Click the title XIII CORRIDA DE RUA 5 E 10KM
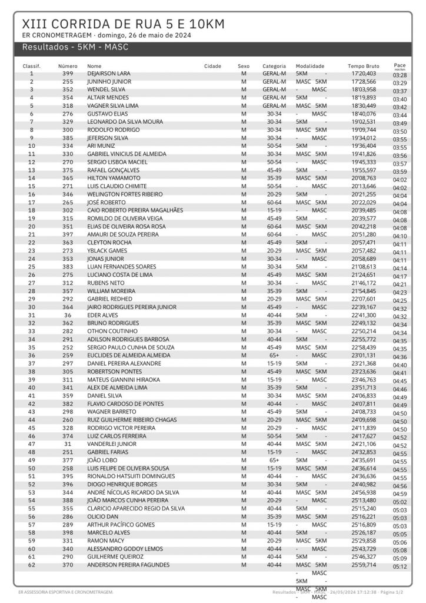(x=123, y=24)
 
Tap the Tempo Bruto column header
(x=363, y=66)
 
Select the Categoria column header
(x=274, y=66)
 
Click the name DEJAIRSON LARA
(x=109, y=74)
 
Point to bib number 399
(x=68, y=74)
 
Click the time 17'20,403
(x=363, y=74)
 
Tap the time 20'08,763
(x=363, y=178)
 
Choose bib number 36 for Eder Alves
(x=68, y=315)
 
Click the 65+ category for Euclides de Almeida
(x=274, y=355)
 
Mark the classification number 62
(x=32, y=565)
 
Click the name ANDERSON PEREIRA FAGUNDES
(x=127, y=565)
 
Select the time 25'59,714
(x=363, y=565)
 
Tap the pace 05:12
(x=400, y=566)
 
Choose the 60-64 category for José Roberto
(x=274, y=202)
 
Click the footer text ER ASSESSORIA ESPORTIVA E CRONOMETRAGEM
(x=66, y=591)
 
